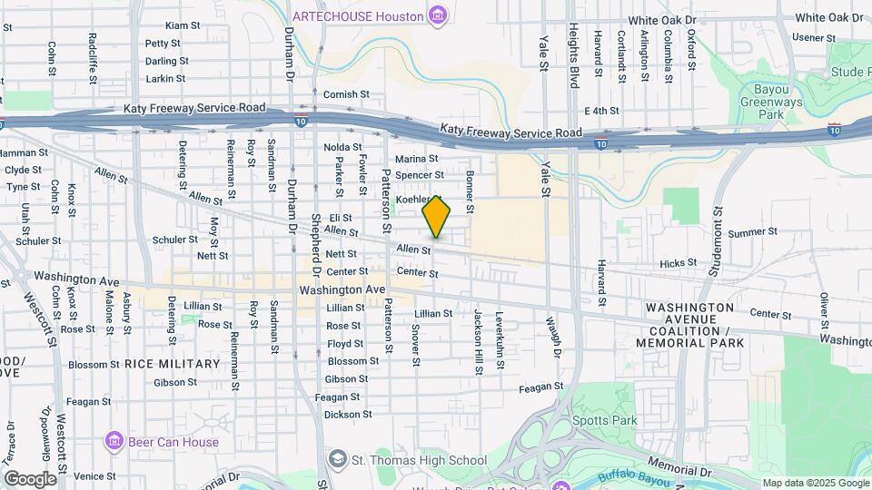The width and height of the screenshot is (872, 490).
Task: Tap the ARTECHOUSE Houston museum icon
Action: (x=439, y=15)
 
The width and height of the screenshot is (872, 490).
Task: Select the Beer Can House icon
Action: (x=115, y=442)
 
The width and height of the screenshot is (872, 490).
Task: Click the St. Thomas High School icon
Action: (x=338, y=459)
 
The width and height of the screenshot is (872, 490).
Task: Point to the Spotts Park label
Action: (x=604, y=420)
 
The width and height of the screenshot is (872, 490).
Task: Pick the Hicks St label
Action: (x=679, y=263)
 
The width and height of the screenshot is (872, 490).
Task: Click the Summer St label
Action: (x=748, y=233)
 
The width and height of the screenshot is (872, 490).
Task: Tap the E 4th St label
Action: (x=601, y=111)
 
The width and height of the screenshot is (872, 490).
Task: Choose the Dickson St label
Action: (x=342, y=414)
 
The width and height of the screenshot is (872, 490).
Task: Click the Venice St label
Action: (x=96, y=475)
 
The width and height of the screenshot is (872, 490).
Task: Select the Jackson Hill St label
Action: (x=478, y=339)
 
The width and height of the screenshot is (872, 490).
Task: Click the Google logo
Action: (x=30, y=479)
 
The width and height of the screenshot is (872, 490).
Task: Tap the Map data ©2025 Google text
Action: (x=815, y=483)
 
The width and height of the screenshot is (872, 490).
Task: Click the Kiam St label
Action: (x=183, y=25)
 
